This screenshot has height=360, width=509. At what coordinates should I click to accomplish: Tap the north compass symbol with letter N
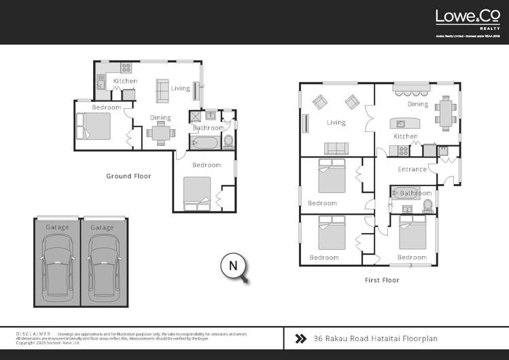[233, 266]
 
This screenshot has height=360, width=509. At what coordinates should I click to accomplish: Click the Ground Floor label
[128, 176]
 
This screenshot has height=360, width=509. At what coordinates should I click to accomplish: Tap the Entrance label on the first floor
[412, 169]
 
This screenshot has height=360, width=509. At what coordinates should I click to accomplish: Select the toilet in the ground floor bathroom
[228, 141]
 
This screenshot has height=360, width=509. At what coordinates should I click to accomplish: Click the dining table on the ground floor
[161, 133]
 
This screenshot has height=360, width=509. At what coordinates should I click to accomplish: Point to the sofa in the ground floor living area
[163, 89]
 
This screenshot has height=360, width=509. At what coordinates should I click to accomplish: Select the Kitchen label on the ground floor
[125, 82]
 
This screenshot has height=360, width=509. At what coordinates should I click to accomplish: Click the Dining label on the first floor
[418, 105]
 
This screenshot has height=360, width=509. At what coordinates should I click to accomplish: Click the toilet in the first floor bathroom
[427, 206]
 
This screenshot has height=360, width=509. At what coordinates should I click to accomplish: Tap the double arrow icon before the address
[299, 338]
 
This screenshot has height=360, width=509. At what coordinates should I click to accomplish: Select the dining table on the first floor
[446, 113]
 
